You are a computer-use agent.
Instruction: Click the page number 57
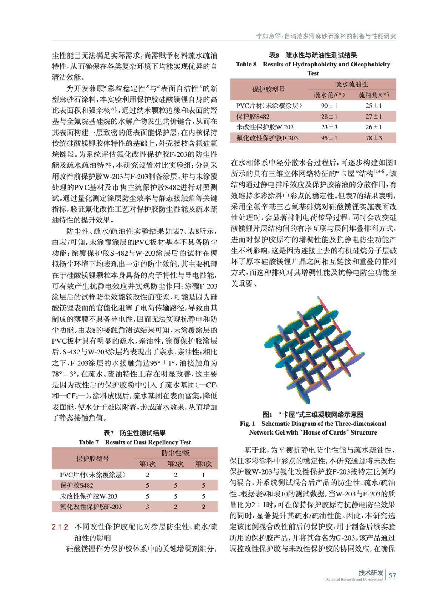coord(392,575)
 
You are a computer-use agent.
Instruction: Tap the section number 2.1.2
coord(60,527)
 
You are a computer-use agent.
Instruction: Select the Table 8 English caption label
coord(246,65)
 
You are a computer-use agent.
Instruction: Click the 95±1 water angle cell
coord(329,138)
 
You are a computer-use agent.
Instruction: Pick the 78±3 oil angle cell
coord(373,138)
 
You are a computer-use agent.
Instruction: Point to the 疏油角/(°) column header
coord(373,95)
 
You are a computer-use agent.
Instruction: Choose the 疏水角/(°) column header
coord(329,95)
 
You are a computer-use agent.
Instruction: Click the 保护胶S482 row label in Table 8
coord(253,117)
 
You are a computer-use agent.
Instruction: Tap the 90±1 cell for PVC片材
coord(329,106)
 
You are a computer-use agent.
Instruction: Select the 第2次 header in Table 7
coord(176,464)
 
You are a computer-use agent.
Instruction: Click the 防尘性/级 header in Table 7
coord(176,453)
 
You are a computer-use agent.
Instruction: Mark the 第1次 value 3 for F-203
coord(148,507)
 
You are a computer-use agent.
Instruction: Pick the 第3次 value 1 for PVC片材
coord(203,475)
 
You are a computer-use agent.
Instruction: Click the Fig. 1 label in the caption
coord(248,424)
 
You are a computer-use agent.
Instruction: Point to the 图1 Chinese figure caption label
coord(267,414)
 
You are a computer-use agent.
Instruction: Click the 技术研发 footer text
coord(371,573)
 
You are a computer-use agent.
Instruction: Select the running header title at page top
coord(326,36)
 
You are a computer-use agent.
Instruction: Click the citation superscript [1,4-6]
coord(380,172)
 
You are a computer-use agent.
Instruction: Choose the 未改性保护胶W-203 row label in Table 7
coord(89,496)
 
